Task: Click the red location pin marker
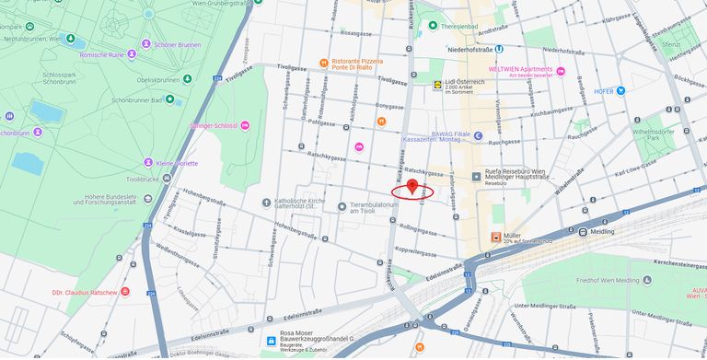412,187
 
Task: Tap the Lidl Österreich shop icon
436,82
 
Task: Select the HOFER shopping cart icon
621,90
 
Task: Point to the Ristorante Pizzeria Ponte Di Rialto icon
324,64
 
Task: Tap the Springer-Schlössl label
213,125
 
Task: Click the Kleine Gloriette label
177,163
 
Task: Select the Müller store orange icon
496,237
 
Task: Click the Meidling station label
603,231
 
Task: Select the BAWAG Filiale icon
478,135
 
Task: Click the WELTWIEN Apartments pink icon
561,71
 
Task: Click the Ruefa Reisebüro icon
475,176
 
